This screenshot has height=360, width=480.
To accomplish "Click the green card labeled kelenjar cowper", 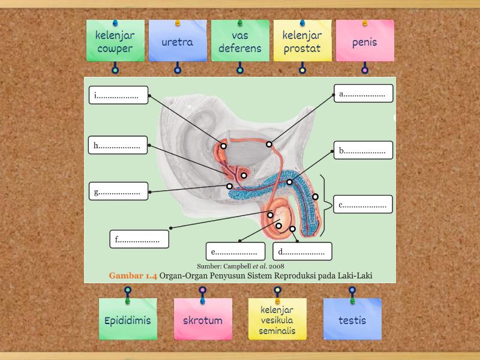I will click(115, 41).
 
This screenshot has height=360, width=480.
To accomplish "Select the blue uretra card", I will click(178, 41).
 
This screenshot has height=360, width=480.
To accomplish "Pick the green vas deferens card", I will click(240, 41).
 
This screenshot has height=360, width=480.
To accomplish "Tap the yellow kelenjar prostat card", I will click(302, 41).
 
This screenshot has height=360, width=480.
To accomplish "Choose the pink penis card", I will click(365, 41).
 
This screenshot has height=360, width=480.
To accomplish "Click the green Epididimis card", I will click(128, 319).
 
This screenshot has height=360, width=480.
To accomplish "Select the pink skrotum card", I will click(203, 319).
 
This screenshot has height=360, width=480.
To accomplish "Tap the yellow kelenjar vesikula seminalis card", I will click(277, 319).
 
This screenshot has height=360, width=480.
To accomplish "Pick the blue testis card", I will click(352, 319).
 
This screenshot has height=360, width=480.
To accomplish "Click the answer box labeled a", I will click(364, 94).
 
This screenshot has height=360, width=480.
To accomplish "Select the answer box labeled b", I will click(364, 151).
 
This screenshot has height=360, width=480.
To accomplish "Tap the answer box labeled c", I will click(364, 205).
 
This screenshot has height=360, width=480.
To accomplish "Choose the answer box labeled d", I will click(302, 251).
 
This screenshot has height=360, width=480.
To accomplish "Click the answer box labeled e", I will click(236, 251).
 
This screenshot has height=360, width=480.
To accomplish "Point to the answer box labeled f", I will click(139, 239).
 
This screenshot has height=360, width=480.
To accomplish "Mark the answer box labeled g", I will click(119, 191).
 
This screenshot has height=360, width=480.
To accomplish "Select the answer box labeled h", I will click(118, 145).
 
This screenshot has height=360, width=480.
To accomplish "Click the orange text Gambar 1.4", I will click(133, 275).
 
